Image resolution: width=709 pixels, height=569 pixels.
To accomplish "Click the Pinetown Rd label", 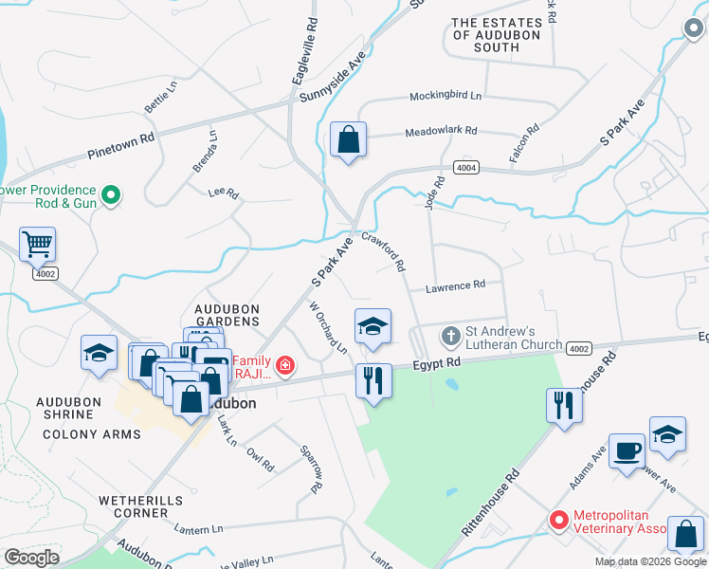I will click(x=120, y=138).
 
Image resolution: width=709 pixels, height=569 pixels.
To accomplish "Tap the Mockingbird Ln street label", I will click(x=445, y=97).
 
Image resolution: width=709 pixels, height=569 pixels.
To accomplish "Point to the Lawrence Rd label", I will click(x=455, y=284).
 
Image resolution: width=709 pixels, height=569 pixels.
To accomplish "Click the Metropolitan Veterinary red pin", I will click(x=559, y=521).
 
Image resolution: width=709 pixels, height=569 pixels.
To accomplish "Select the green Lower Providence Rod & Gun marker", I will click(x=111, y=196).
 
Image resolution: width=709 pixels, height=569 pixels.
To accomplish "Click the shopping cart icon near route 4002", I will click(x=37, y=245).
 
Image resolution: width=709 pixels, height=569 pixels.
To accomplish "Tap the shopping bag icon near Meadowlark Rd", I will click(x=348, y=139).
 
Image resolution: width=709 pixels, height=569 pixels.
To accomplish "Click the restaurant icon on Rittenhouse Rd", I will click(x=564, y=405).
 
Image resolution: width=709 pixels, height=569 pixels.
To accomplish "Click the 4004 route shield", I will click(x=465, y=167).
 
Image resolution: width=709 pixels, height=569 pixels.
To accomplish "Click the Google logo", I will click(x=32, y=557).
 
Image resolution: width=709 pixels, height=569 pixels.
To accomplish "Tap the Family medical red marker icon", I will click(x=283, y=365).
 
